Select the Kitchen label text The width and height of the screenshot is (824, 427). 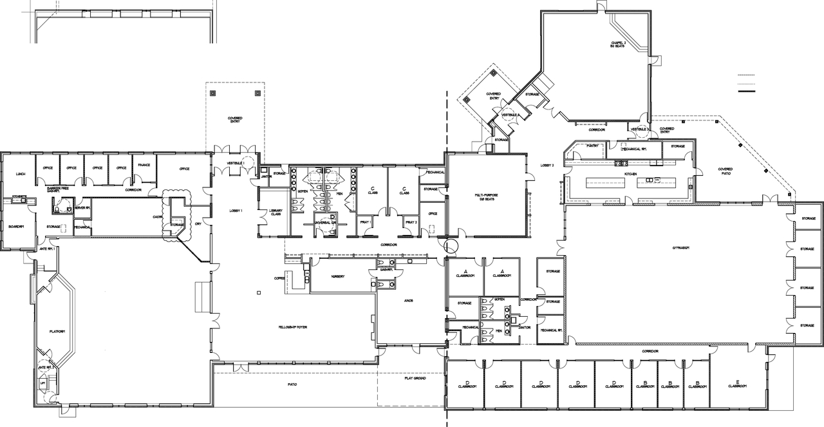point(630,174)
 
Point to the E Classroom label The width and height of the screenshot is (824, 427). point(737,384)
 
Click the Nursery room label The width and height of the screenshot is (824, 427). point(337,276)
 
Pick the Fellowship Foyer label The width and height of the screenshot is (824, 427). point(293,328)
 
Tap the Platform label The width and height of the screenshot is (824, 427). point(57,331)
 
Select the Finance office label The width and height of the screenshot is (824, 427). point(144,165)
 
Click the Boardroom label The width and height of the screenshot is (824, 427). point(16,227)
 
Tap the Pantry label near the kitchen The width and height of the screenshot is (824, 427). point(592,146)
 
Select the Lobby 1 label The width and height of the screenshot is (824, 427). point(236,212)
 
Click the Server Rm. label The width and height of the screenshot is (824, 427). point(82,208)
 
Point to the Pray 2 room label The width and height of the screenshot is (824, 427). point(411,222)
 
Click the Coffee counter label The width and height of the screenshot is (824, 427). point(279,278)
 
